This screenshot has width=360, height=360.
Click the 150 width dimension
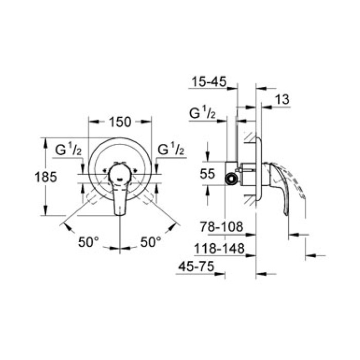[x=120, y=122]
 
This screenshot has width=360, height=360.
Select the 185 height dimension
[x=45, y=177]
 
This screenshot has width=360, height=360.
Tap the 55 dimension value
[x=207, y=174]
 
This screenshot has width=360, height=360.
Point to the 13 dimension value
[x=282, y=99]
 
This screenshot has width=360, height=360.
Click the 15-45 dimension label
[x=209, y=81]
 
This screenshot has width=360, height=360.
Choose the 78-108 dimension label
[x=221, y=227]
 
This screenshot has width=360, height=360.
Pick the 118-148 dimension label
[x=219, y=248]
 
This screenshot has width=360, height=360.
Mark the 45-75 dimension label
[x=196, y=266]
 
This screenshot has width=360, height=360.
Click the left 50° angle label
[x=88, y=242]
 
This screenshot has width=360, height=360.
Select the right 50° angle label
[x=151, y=242]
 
